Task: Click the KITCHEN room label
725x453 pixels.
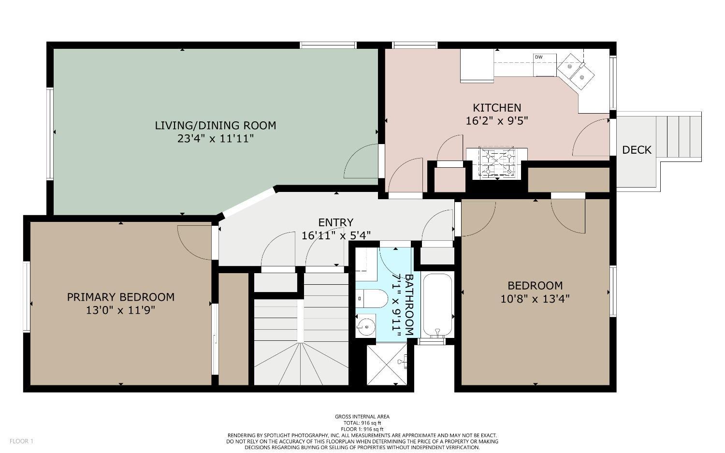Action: point(496,108)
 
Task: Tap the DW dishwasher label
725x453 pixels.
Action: point(538,58)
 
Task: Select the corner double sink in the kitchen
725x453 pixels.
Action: point(576,71)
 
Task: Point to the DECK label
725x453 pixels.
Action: point(637,150)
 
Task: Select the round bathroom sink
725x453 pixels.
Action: point(366,326)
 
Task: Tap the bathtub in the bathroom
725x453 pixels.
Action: point(437,305)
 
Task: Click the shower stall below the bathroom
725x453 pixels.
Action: point(387,364)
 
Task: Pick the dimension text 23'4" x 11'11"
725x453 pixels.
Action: point(216,139)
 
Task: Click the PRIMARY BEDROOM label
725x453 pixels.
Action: point(120,297)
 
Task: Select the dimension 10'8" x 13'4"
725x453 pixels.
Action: point(535,299)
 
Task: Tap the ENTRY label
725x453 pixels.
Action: point(335,222)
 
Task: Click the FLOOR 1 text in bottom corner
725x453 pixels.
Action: point(21,441)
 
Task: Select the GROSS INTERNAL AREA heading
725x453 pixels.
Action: point(362,417)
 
